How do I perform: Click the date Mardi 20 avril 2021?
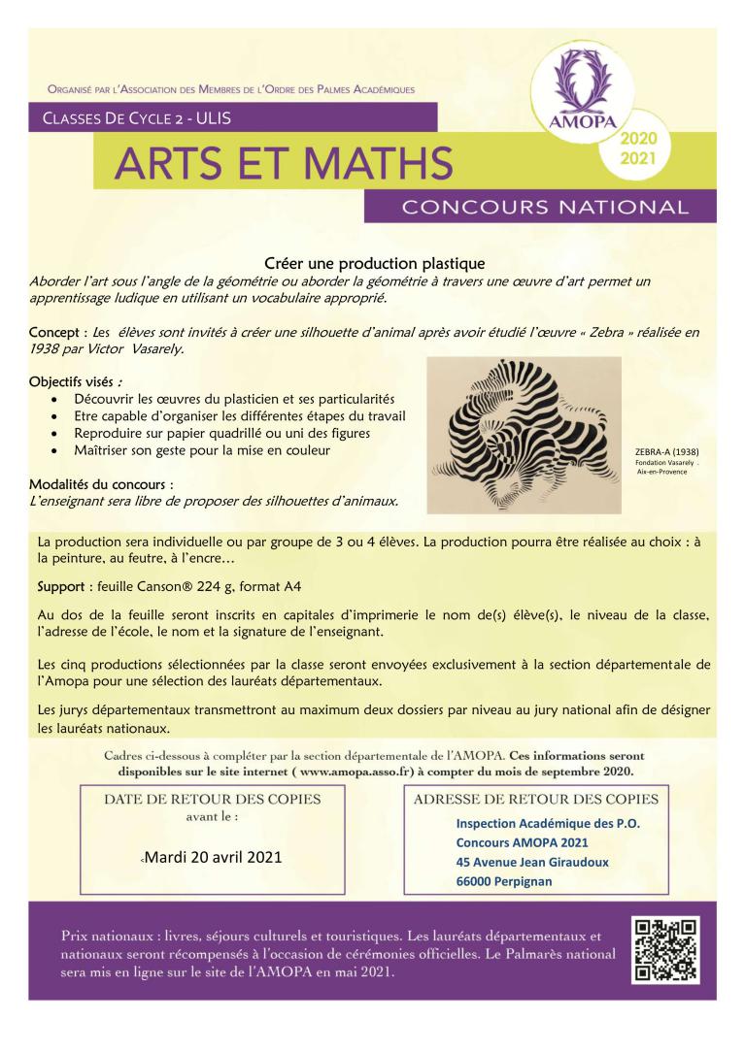216,858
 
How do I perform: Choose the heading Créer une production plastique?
374,262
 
